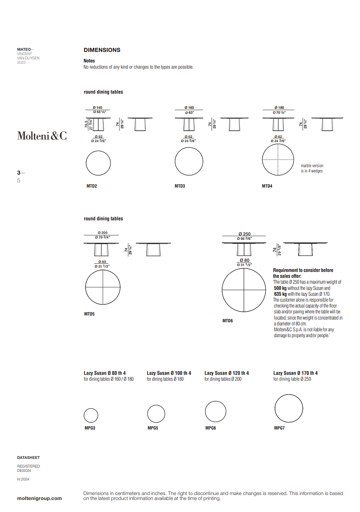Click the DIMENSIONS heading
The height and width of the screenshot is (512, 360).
[x=102, y=50]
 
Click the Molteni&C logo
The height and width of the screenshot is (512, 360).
[x=42, y=136]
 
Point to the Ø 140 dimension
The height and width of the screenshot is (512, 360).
[x=97, y=108]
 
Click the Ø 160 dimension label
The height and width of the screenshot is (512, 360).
[x=189, y=108]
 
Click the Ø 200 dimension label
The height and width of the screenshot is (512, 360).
[x=102, y=233]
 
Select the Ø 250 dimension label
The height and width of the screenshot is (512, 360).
[x=244, y=234]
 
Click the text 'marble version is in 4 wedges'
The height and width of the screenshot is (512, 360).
[x=312, y=168]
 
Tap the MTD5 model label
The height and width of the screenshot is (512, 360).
[x=89, y=314]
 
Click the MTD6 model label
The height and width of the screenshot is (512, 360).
[x=227, y=320]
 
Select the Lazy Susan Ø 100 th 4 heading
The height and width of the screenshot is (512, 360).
[x=168, y=373]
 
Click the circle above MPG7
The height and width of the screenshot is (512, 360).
[x=289, y=408]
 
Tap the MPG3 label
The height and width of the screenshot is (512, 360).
[x=90, y=428]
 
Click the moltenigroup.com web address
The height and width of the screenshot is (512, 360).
[x=39, y=498]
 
